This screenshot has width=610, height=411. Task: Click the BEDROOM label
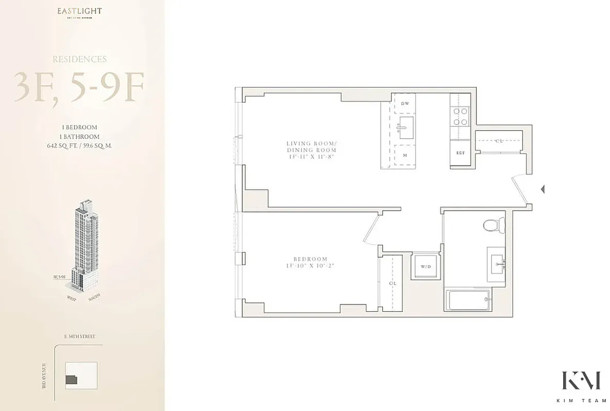pos(312,263)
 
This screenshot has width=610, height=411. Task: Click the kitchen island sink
pos(406,124)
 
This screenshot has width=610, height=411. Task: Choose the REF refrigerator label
pos(460,153)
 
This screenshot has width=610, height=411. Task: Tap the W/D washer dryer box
pos(426,266)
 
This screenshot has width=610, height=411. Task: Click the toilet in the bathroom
pos(495,223)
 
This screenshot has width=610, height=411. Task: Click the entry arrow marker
pos(542,190)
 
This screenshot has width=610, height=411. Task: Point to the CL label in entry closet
pos(499,140)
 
